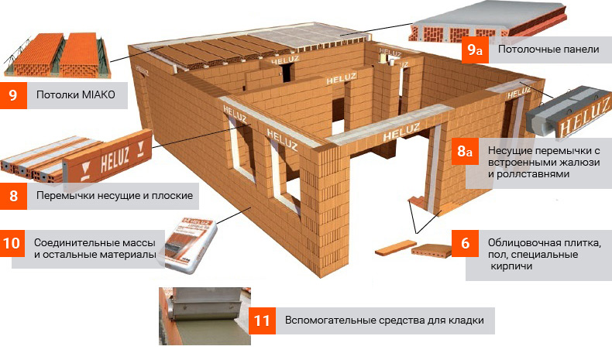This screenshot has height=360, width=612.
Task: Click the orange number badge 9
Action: click(x=13, y=95)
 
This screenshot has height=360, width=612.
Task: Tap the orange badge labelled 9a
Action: click(x=475, y=50)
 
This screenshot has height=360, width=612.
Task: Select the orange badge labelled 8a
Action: click(x=465, y=151)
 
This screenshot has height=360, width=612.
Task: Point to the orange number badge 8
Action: click(x=13, y=196)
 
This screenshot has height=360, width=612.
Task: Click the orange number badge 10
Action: click(x=12, y=243)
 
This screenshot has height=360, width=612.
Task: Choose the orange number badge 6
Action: click(x=465, y=243)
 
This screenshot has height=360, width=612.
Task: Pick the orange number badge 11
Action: click(x=262, y=321)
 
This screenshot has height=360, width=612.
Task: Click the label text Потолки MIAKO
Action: click(x=76, y=94)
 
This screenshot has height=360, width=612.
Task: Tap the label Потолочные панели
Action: click(x=548, y=49)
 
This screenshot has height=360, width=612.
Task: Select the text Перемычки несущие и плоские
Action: click(x=115, y=195)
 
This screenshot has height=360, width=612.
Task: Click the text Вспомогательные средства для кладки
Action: click(x=384, y=321)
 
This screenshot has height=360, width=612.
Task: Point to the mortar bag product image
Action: click(x=191, y=245)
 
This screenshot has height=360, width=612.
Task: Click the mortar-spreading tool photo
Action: click(x=205, y=317)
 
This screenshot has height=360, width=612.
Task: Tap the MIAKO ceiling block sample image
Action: click(x=58, y=56)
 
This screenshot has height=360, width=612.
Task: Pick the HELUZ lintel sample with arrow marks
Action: click(x=77, y=158)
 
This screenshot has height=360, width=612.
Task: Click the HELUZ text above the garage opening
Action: click(x=401, y=132)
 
